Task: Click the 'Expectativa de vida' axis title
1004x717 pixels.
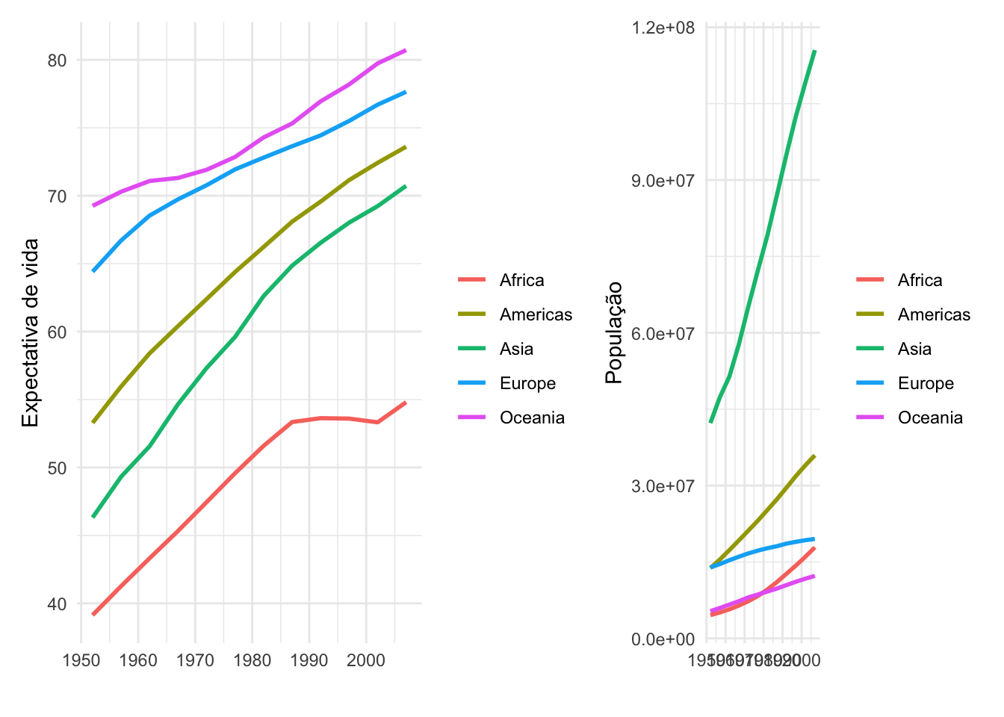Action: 30,333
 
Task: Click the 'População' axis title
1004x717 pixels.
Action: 614,333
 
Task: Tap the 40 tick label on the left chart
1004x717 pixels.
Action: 57,603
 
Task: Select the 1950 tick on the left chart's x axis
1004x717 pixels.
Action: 81,660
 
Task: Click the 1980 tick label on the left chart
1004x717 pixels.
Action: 252,660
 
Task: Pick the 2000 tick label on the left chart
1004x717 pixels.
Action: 366,660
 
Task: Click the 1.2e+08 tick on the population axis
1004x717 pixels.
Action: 663,28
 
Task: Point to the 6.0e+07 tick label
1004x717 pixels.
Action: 663,333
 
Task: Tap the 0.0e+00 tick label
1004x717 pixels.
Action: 663,639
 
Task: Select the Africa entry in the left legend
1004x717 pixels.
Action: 521,280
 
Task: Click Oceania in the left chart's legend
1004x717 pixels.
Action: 532,418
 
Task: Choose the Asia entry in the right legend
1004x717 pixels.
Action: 914,349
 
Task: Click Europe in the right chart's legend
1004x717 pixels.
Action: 926,383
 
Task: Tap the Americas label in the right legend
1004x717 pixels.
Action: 934,314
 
